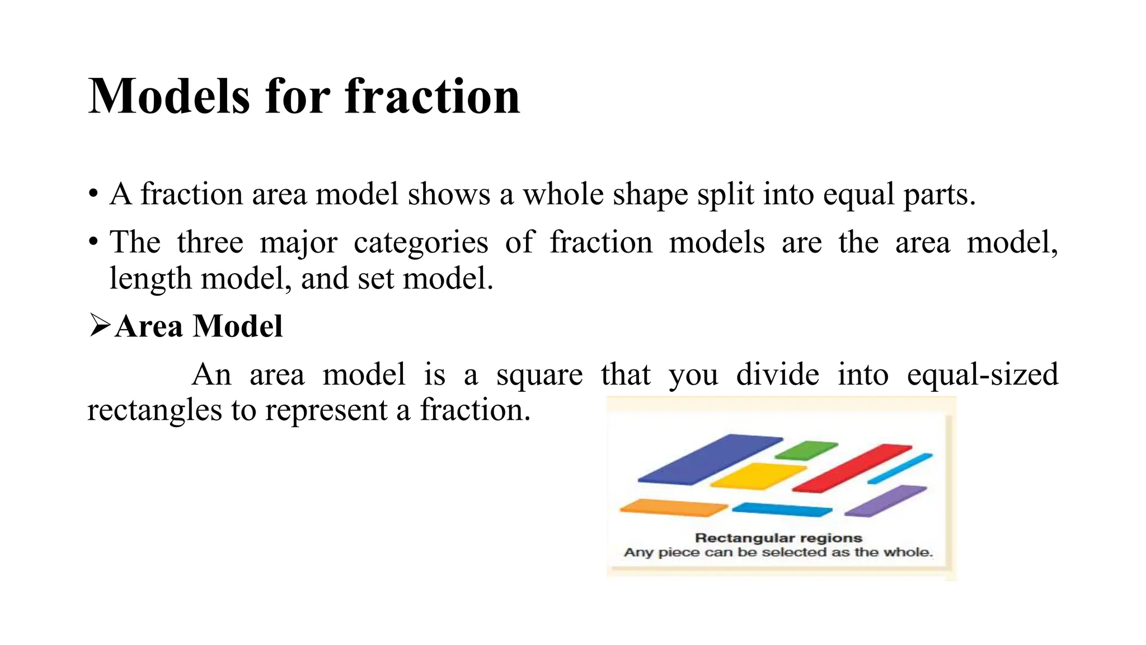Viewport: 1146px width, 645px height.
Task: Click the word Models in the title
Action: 168,96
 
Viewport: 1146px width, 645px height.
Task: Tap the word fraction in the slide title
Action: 433,96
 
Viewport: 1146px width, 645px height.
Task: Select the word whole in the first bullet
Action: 563,194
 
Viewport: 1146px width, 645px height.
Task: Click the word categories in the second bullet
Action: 421,242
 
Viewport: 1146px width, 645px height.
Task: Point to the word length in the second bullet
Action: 150,278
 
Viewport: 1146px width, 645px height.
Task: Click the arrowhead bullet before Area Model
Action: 100,326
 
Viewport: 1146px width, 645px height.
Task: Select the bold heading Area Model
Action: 199,326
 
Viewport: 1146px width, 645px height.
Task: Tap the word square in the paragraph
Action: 539,374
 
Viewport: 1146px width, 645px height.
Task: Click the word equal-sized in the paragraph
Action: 983,374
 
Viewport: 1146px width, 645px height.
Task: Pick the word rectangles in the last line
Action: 154,410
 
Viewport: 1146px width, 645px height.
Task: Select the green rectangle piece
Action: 806,450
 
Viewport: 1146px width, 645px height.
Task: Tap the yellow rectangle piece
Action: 758,475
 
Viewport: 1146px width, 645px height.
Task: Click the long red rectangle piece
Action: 852,468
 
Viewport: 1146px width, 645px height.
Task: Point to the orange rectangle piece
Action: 673,507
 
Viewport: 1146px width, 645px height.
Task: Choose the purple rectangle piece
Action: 885,500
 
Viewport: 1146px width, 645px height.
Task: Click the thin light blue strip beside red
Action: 900,469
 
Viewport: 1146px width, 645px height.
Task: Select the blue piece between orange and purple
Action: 782,510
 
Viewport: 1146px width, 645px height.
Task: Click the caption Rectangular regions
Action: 778,538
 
